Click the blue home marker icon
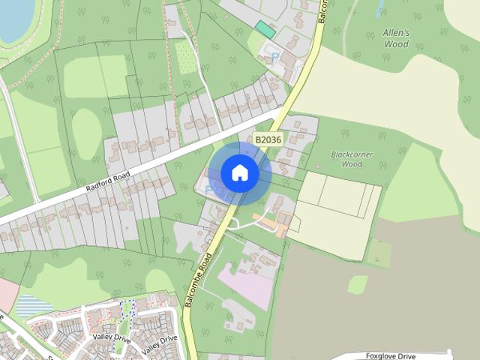coord(240,173)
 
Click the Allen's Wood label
coord(396,38)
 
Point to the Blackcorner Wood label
coord(352,159)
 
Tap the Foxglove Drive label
coord(390,355)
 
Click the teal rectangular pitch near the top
coord(265,29)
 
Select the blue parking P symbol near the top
coord(274,56)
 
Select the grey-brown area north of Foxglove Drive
coord(375,285)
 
